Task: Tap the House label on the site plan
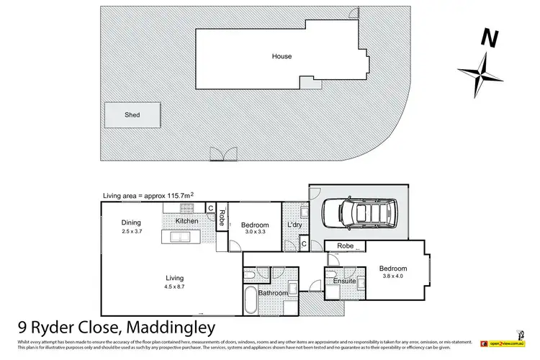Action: pos(282,56)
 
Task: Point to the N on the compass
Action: pos(489,37)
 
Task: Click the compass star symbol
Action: pos(480,70)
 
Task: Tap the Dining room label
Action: pos(131,222)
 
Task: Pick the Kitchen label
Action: pos(186,220)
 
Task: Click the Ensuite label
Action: pos(344,281)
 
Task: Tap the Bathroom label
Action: pos(274,293)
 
